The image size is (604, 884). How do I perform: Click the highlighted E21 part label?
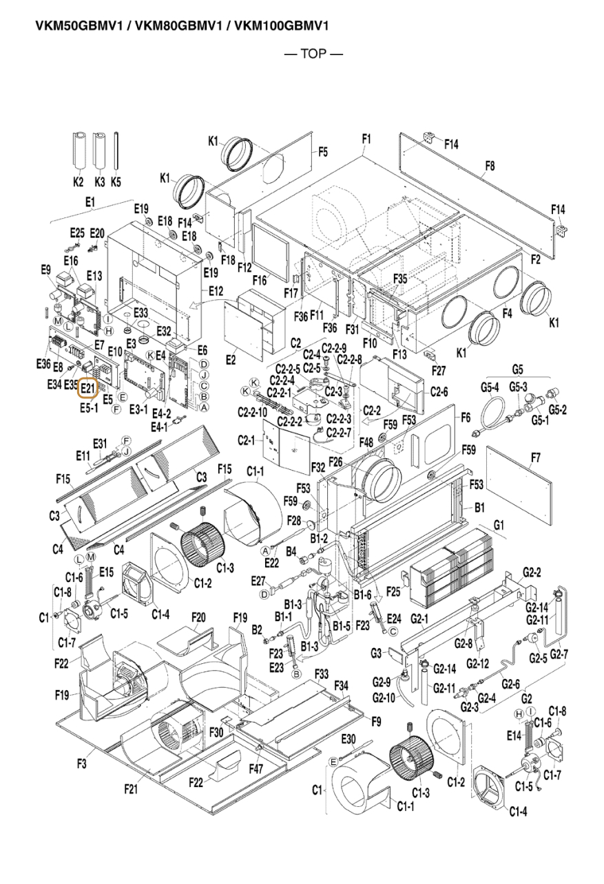(87, 387)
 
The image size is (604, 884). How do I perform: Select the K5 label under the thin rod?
(116, 182)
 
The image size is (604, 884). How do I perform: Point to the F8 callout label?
(490, 166)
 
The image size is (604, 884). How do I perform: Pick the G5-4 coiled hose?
(492, 419)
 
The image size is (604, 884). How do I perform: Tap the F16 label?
(260, 280)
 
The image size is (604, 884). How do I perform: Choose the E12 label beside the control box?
(216, 291)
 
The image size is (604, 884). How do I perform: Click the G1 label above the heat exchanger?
(499, 525)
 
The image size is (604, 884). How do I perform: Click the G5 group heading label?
(517, 370)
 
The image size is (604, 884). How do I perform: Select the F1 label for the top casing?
(366, 139)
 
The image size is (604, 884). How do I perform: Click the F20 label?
(198, 617)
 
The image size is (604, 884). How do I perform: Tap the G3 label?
(376, 654)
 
